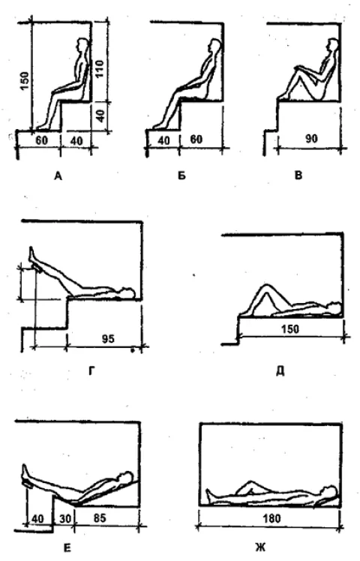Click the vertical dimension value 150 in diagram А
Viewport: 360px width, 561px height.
tap(24, 82)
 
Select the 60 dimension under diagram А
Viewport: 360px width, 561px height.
tap(41, 140)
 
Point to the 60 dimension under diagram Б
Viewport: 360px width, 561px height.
tap(196, 139)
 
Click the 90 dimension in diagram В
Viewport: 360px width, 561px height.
tap(312, 139)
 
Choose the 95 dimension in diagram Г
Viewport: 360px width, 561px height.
tap(108, 338)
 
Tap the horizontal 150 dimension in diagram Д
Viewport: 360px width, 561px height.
tap(289, 328)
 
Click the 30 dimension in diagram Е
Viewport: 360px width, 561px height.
tap(64, 518)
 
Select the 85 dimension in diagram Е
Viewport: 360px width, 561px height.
tap(99, 517)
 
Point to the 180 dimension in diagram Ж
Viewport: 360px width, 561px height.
tap(271, 518)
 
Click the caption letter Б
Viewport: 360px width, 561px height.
tap(181, 175)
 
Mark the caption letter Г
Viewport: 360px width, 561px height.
tap(92, 372)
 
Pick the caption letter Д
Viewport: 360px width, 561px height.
tap(280, 371)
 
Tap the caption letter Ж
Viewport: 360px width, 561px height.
tap(259, 547)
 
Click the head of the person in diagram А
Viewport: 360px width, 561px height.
tap(82, 44)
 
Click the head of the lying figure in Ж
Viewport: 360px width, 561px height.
tap(329, 491)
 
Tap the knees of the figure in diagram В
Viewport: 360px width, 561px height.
tap(298, 68)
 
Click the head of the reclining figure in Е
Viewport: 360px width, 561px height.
tap(126, 477)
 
